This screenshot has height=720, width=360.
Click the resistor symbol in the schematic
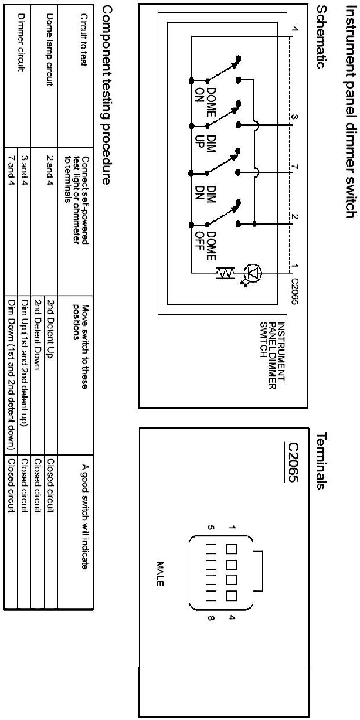point(225,274)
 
